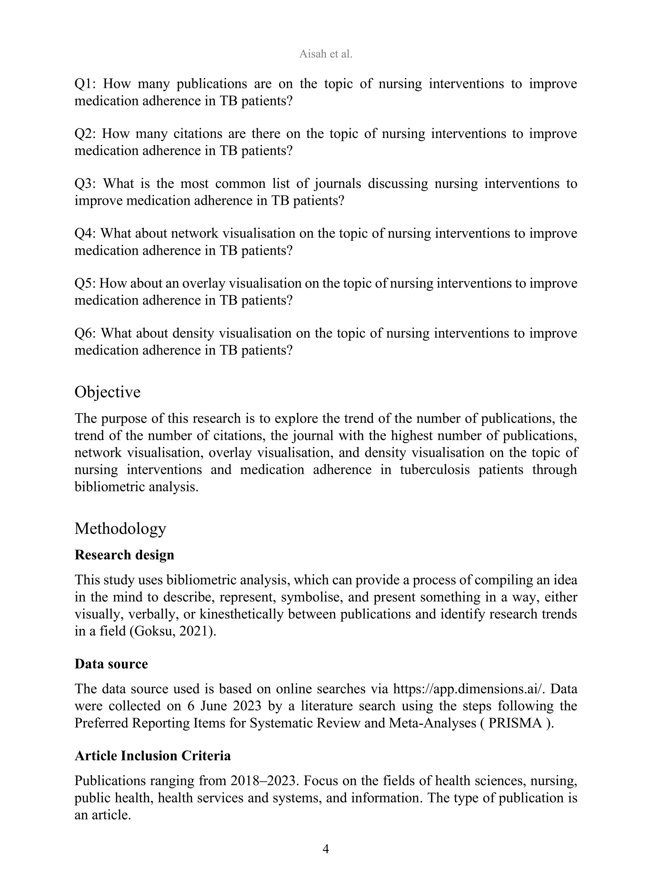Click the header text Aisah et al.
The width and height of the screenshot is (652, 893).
point(326,54)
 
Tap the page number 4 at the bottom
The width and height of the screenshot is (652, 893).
point(326,848)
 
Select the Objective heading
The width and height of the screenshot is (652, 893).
point(107,392)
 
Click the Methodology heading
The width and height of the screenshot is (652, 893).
point(120,528)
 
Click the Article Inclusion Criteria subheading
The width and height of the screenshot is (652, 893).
point(153,756)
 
